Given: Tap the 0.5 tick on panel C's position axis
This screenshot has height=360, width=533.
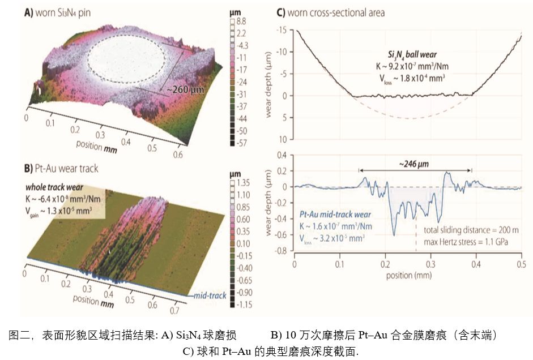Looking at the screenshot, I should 521,264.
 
